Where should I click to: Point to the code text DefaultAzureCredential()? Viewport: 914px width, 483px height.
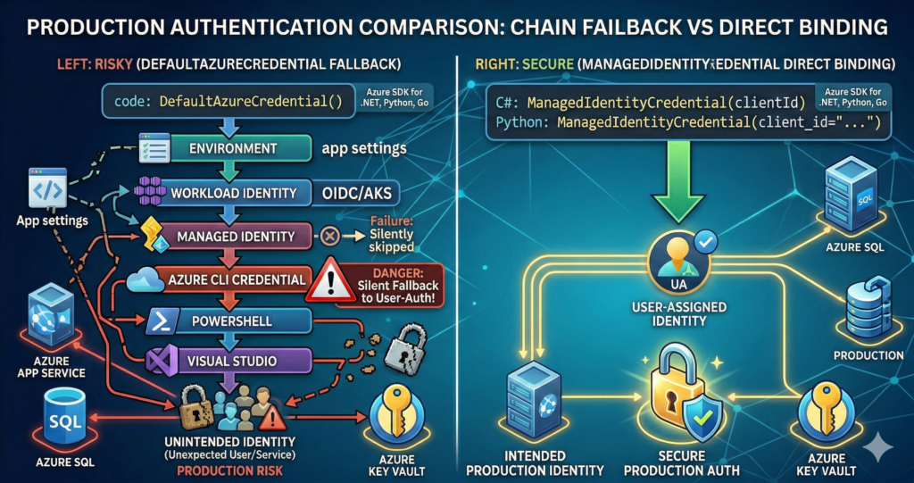click(250, 101)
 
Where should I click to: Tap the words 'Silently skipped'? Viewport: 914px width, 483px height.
click(390, 239)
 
